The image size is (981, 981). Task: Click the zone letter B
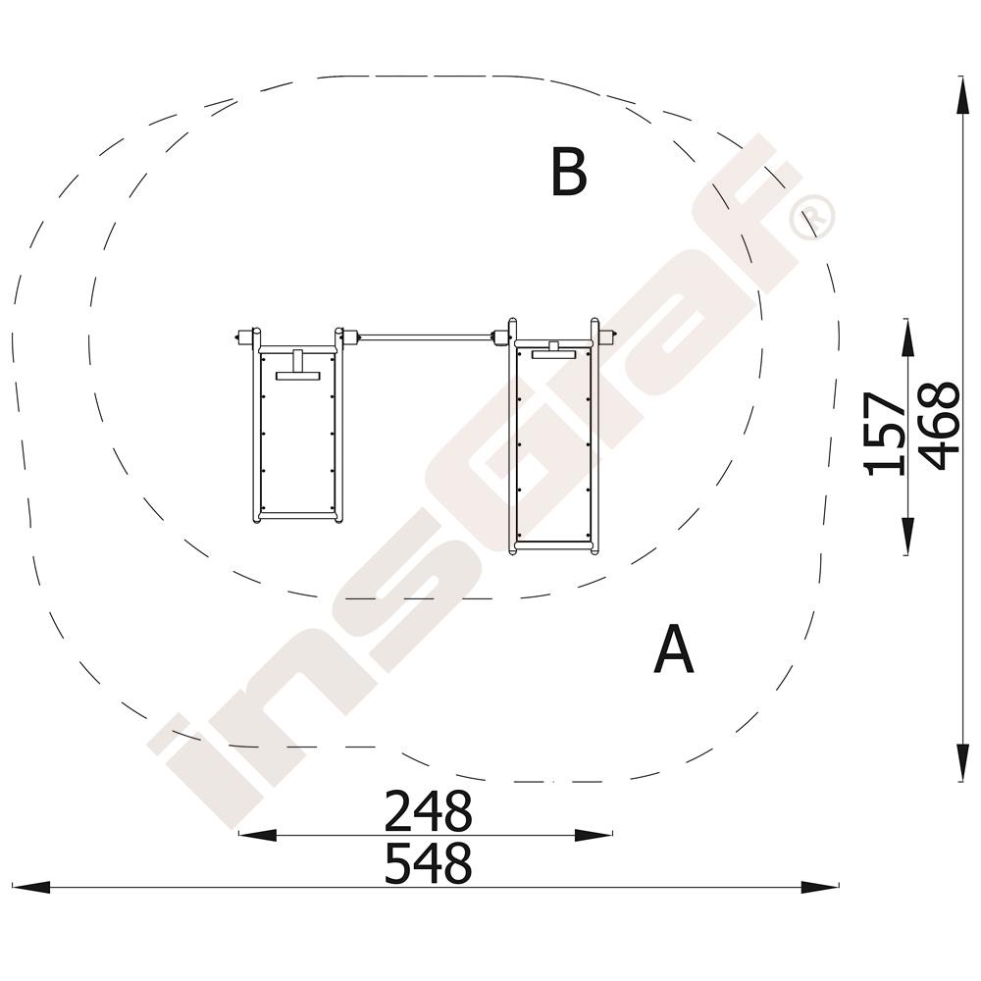pyautogui.click(x=569, y=172)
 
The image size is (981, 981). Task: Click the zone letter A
pyautogui.click(x=674, y=648)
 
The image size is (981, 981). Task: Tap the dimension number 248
pyautogui.click(x=428, y=810)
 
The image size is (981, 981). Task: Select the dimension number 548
pyautogui.click(x=428, y=862)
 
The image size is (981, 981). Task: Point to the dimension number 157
pyautogui.click(x=884, y=435)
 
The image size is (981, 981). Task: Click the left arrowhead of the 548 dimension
pyautogui.click(x=30, y=886)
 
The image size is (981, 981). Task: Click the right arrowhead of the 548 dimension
pyautogui.click(x=819, y=886)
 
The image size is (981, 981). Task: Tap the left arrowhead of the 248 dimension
pyautogui.click(x=257, y=834)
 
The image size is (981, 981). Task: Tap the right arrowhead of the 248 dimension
pyautogui.click(x=594, y=834)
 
